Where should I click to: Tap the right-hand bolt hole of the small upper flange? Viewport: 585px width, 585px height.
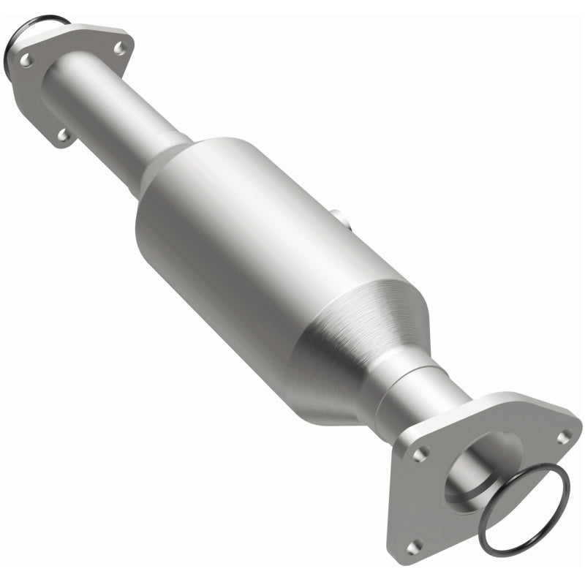coord(119,48)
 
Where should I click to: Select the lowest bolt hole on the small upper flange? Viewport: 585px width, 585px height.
coord(64,134)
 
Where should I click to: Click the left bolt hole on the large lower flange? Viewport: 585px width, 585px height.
coord(418,454)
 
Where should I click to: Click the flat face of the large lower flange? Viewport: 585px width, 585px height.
coord(439,497)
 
